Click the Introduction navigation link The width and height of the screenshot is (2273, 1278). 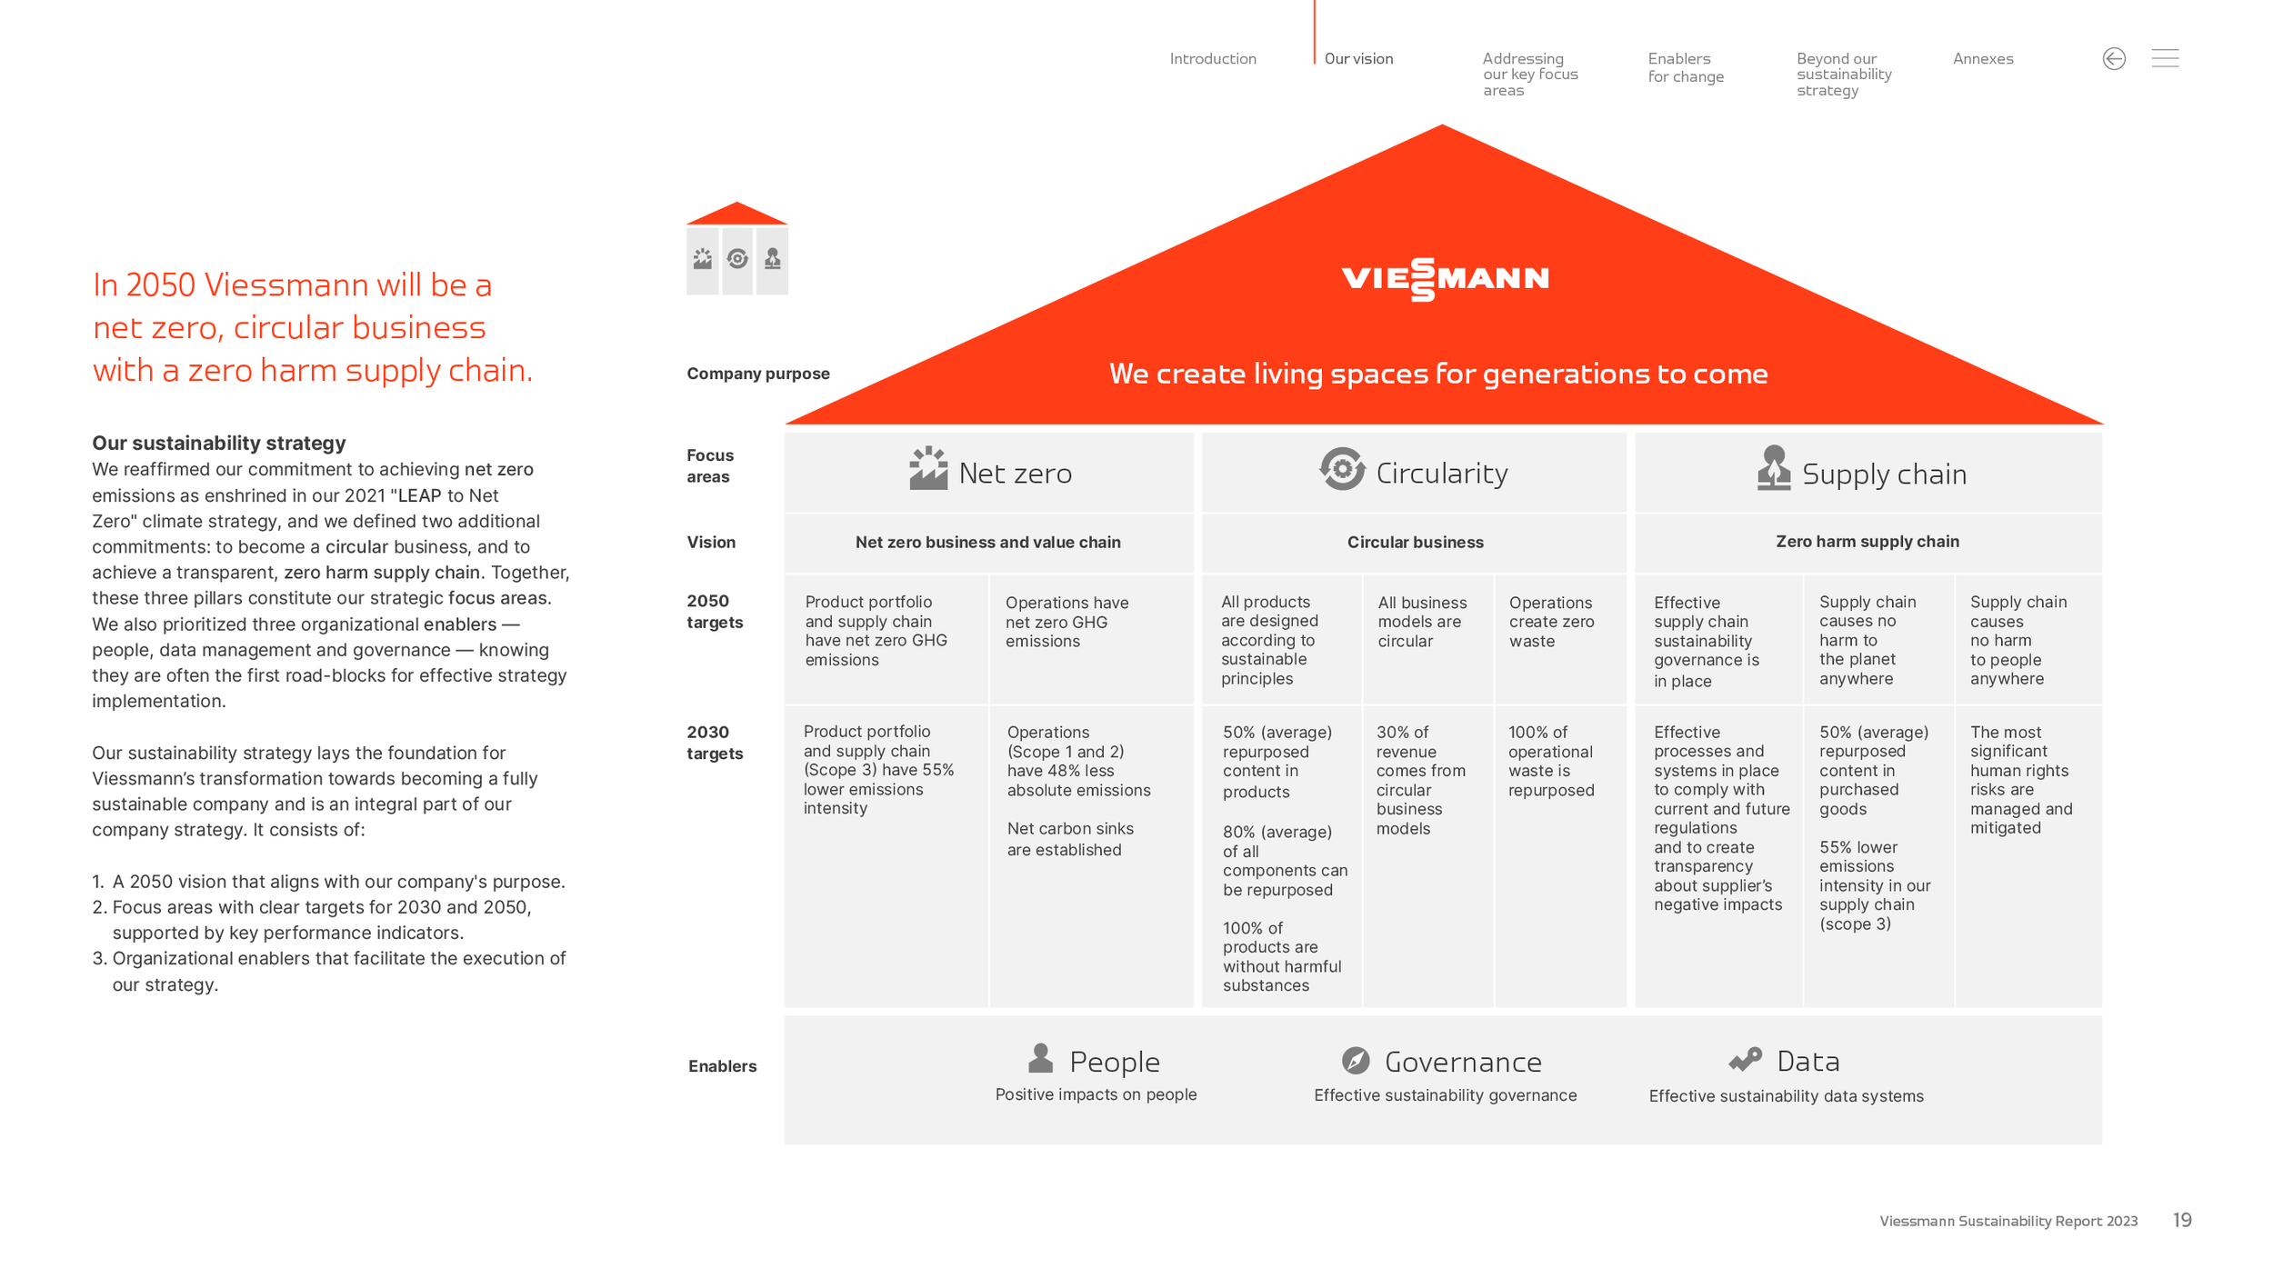1213,59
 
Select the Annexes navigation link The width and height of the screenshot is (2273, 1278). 1983,59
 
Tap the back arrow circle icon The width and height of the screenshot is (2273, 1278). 2114,59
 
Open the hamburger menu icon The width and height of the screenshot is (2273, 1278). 2165,58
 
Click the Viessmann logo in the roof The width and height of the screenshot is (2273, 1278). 1445,279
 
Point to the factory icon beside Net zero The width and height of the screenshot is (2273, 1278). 928,468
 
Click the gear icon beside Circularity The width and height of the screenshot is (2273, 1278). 1342,469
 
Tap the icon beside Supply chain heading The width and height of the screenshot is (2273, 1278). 1774,468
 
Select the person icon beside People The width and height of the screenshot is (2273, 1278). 1041,1058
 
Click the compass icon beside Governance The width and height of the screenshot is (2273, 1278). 1356,1060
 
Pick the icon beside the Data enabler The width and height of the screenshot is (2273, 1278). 1745,1059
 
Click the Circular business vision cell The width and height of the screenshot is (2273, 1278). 1415,543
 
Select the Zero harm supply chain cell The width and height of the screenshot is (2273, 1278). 1868,543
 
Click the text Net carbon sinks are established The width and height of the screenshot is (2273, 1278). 1070,839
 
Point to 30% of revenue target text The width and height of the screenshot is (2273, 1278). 1420,780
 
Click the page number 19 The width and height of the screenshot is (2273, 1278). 2182,1221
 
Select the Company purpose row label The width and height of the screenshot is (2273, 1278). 758,374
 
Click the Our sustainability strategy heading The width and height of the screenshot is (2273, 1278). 219,444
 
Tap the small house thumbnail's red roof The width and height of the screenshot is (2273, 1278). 736,215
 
